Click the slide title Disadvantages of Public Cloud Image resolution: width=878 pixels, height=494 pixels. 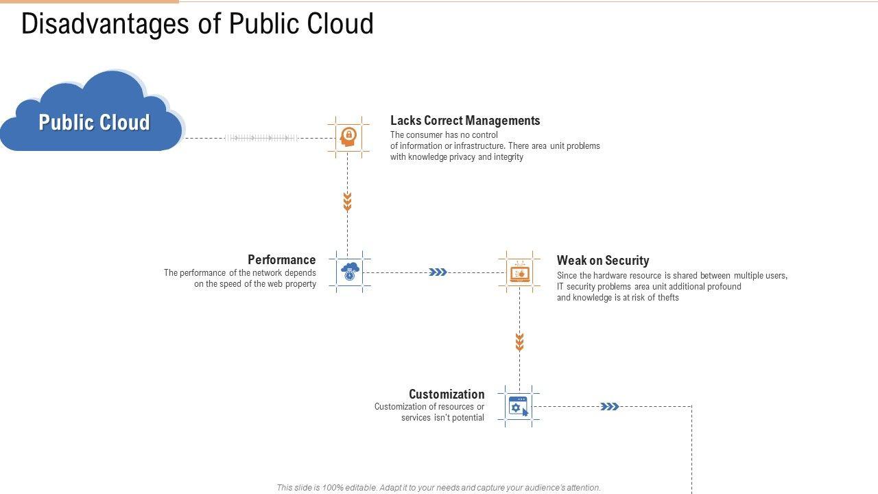tap(198, 24)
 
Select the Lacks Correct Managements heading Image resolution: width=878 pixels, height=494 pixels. tap(465, 121)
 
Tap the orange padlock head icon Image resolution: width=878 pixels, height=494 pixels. tap(348, 137)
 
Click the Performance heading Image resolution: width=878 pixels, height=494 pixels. tap(281, 260)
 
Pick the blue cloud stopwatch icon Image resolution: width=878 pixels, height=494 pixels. tap(350, 272)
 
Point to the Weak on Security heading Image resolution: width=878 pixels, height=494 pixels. tap(603, 261)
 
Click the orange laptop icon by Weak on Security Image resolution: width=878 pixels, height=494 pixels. tap(519, 272)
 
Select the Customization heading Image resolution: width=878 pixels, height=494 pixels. tap(447, 395)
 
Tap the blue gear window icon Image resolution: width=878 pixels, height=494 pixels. tap(519, 406)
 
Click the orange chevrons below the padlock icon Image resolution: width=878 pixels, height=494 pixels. tap(347, 202)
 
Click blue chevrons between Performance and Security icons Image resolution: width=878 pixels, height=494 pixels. tap(438, 272)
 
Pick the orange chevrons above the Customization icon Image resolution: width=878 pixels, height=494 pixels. tap(519, 342)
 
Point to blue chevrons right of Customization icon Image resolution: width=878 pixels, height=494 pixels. tap(609, 407)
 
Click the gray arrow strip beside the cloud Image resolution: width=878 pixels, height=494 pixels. tap(261, 138)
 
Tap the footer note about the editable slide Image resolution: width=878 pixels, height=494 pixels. tap(438, 488)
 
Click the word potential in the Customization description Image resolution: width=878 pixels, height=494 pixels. tap(468, 418)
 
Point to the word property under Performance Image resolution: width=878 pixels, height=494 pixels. tap(300, 284)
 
